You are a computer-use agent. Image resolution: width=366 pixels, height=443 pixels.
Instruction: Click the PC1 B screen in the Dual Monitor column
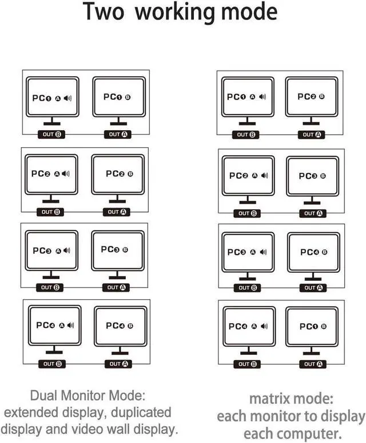tap(118, 97)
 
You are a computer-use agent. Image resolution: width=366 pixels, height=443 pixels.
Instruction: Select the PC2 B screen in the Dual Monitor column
tap(118, 174)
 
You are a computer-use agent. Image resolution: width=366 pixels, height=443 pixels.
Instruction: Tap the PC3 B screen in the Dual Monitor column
tap(117, 250)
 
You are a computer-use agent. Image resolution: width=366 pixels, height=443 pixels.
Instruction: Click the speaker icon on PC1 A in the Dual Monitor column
tap(68, 99)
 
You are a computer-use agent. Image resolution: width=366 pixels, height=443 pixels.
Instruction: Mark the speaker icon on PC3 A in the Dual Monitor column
tap(67, 250)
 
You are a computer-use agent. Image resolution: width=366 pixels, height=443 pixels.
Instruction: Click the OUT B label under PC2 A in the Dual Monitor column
tap(50, 211)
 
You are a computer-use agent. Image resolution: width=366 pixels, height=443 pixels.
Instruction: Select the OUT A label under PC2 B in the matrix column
tap(312, 135)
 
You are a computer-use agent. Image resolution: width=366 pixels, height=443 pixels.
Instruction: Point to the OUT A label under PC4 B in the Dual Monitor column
tap(118, 363)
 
